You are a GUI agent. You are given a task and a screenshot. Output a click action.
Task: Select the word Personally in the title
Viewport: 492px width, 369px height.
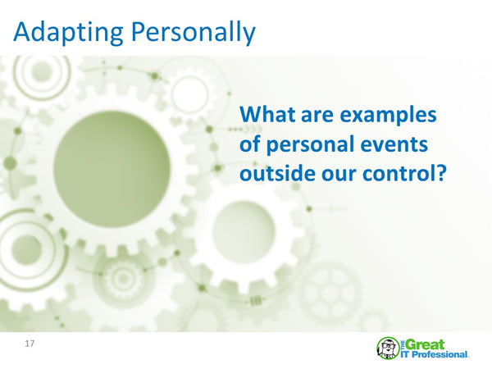[195, 32]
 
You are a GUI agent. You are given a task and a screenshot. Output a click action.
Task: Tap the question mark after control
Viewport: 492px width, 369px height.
[439, 174]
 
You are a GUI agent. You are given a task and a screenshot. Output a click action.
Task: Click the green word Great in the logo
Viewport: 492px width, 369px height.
[426, 344]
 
